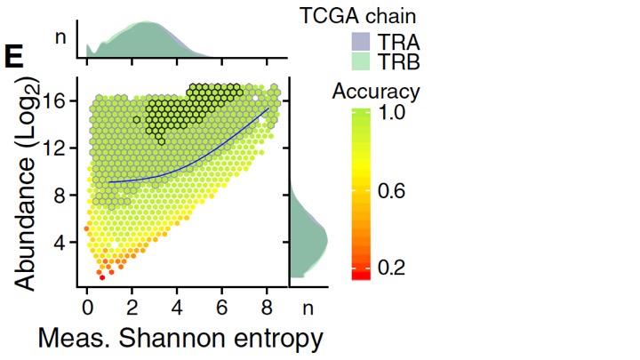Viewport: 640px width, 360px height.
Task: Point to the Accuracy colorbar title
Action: click(376, 91)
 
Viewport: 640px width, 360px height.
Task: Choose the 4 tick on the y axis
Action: click(64, 243)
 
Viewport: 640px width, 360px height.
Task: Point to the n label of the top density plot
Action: click(60, 38)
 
